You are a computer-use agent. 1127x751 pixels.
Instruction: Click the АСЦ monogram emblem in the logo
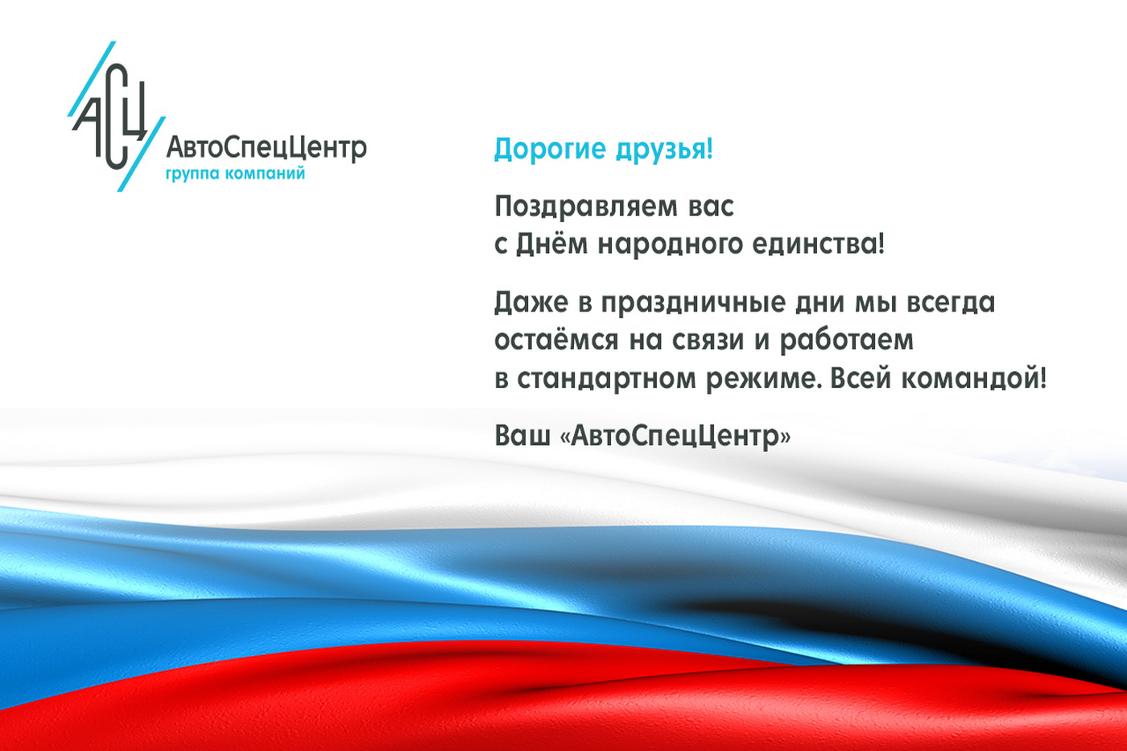[113, 117]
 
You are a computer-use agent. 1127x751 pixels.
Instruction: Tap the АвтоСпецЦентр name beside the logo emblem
[266, 147]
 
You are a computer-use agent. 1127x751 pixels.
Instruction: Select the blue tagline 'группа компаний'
[235, 173]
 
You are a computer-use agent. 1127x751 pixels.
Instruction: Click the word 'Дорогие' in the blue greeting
[550, 149]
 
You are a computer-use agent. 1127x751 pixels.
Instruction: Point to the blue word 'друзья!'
[664, 149]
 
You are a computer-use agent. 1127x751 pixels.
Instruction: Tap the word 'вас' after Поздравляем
[711, 207]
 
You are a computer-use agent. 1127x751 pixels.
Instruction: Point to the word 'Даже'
[531, 303]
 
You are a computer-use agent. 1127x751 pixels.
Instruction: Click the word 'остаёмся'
[556, 340]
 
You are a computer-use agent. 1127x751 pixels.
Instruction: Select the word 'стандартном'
[606, 378]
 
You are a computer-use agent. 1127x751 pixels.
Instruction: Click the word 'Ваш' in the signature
[522, 435]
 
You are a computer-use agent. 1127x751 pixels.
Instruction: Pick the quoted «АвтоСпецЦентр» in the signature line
[675, 435]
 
